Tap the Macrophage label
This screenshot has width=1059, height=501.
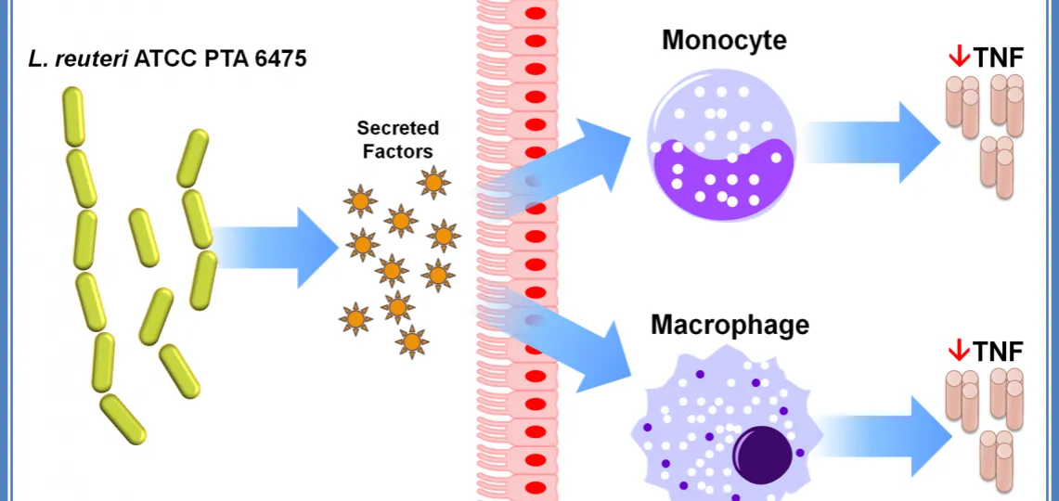730,326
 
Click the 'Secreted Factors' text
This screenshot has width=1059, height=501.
398,139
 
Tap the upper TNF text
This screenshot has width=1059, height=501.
999,58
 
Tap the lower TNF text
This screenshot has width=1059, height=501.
999,351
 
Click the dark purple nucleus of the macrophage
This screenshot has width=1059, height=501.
763,455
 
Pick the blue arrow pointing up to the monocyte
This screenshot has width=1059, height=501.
575,167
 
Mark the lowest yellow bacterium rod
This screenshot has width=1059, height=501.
123,418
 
